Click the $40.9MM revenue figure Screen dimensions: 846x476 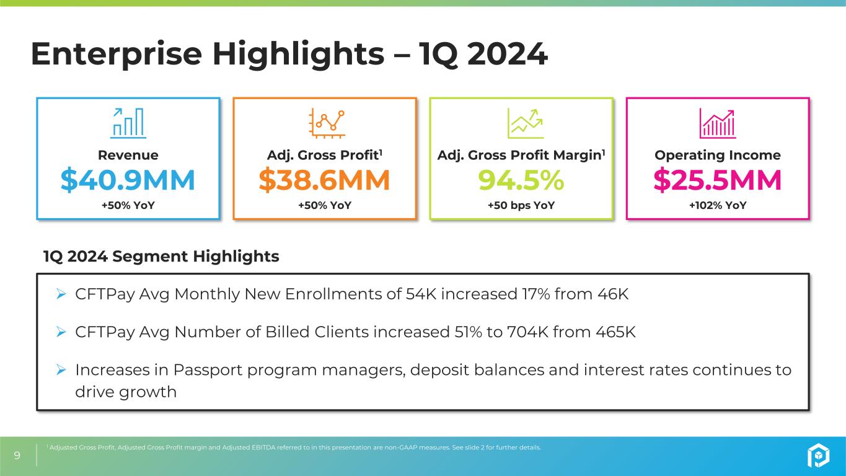point(128,180)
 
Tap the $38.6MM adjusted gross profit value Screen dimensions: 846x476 point(324,180)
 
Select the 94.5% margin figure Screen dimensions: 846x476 point(521,180)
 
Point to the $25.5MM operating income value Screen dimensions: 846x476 point(718,180)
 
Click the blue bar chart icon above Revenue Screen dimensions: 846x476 point(128,123)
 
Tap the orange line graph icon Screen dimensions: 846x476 point(327,123)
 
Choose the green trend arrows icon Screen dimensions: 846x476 point(526,123)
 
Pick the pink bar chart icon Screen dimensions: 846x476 point(718,123)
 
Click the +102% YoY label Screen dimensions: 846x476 point(718,205)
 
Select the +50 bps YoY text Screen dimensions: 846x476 point(521,205)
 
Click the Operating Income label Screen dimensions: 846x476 point(718,155)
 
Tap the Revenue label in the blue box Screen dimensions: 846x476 point(128,155)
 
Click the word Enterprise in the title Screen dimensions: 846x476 point(117,54)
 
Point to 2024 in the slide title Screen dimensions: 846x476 point(507,53)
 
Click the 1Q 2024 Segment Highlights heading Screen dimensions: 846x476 point(161,256)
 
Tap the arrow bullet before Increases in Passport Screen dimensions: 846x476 point(61,369)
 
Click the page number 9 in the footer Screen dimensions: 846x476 point(17,455)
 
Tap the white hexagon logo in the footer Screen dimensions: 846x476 point(818,455)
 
